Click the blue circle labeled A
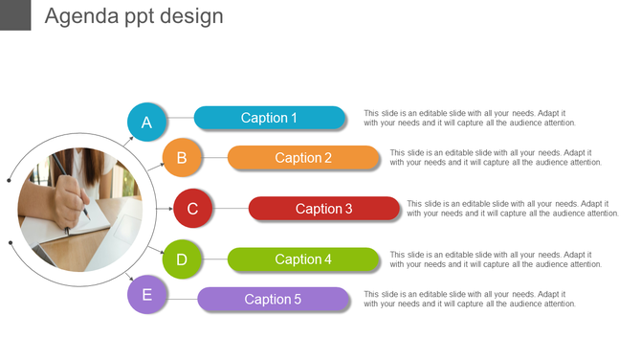click(x=146, y=123)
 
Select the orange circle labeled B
click(x=182, y=158)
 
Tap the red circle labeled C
click(x=192, y=209)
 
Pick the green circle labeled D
click(x=182, y=259)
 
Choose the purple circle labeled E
click(x=146, y=295)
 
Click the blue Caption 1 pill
click(x=269, y=118)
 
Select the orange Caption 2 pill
click(x=303, y=158)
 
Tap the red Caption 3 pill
click(x=324, y=209)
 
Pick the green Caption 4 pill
click(x=303, y=259)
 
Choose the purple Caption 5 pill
click(x=273, y=300)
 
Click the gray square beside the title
click(x=15, y=14)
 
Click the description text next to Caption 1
click(x=470, y=118)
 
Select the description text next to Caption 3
click(x=512, y=209)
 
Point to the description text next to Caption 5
click(x=470, y=299)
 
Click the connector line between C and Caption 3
click(x=231, y=209)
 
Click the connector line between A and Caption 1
click(x=180, y=119)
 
